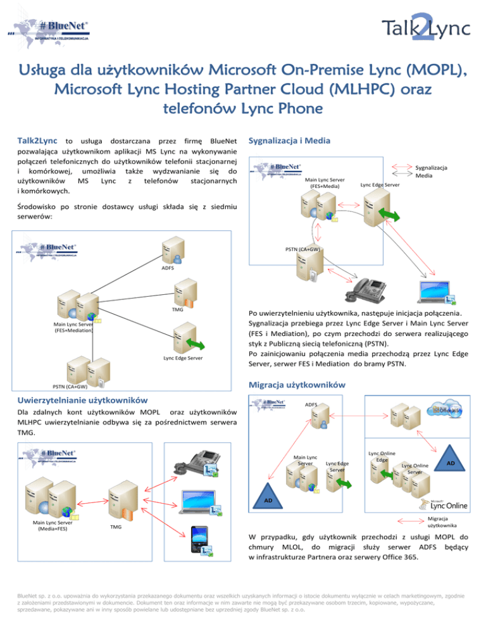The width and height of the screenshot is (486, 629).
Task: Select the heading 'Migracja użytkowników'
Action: (x=296, y=384)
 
